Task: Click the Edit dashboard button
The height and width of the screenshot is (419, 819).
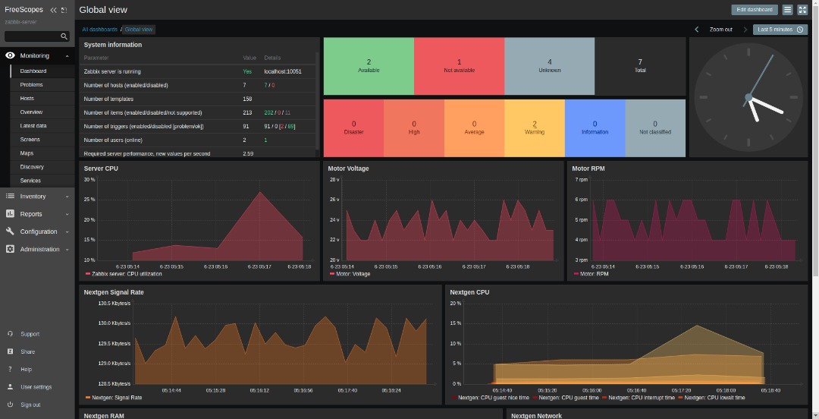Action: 754,10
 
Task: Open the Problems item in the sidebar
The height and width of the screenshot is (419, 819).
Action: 32,85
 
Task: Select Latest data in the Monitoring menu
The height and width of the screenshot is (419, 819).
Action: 33,126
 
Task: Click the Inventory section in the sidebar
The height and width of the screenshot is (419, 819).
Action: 33,196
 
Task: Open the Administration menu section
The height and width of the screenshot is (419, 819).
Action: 39,249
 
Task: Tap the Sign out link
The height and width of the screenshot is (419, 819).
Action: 30,405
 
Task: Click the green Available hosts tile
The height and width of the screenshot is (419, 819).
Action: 369,66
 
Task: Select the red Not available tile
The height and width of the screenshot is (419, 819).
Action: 459,66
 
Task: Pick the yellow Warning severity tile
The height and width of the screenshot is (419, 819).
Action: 535,128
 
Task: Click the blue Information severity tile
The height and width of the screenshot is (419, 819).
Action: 595,128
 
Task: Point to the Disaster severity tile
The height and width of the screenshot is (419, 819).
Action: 353,128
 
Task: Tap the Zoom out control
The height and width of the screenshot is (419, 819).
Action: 720,30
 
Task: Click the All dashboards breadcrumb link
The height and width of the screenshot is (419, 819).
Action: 99,30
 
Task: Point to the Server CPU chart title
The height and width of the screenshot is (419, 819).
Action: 101,169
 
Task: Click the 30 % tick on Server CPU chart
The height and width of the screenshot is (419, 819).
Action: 89,180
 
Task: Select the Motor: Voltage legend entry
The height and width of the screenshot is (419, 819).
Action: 352,274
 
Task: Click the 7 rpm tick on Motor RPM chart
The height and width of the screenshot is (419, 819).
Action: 581,180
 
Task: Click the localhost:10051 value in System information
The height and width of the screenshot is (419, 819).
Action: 282,71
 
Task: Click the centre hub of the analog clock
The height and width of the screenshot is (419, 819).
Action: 748,97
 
